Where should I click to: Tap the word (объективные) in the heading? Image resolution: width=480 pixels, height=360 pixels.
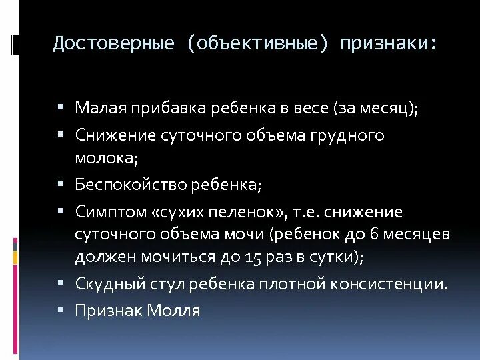coord(259,44)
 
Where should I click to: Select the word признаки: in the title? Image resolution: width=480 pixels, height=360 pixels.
coord(389,44)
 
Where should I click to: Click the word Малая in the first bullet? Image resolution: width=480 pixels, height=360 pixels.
coord(100,108)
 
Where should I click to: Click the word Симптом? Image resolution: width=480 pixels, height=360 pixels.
coord(111,213)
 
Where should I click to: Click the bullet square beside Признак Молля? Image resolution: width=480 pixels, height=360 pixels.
coord(61,309)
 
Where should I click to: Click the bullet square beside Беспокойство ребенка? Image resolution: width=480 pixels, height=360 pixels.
coord(61,183)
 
